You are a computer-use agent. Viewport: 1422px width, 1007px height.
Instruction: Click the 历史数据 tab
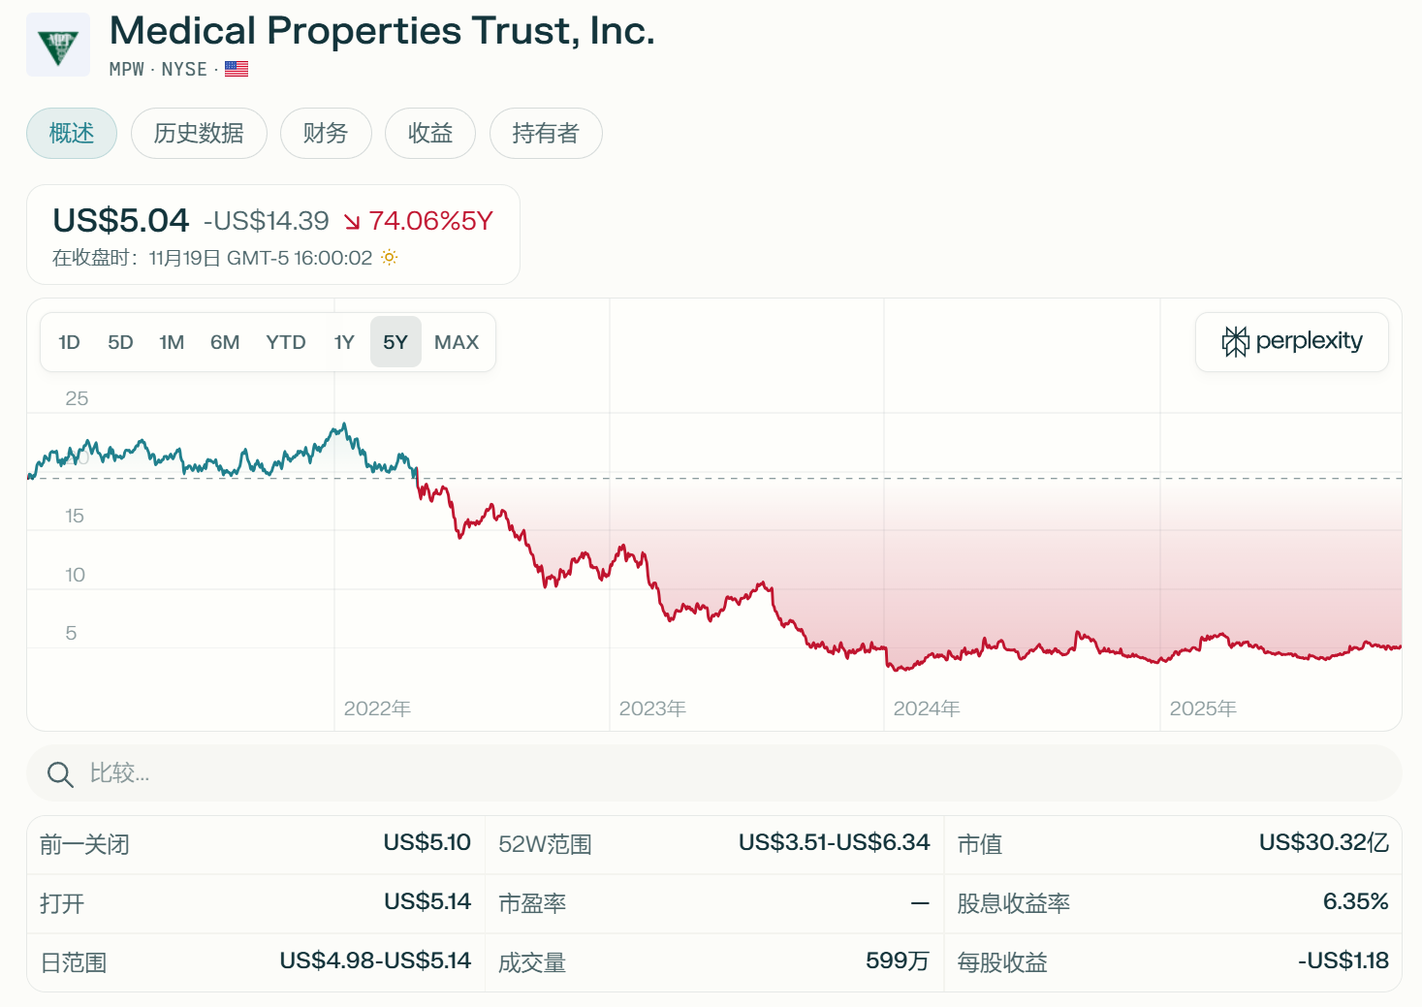199,133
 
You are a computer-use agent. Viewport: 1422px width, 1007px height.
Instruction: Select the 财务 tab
325,133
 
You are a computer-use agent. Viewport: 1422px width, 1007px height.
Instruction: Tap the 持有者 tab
545,133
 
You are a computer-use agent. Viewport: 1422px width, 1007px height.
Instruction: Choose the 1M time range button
172,342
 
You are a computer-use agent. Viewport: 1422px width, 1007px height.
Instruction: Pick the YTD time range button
286,342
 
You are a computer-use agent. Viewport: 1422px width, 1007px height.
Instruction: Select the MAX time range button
457,342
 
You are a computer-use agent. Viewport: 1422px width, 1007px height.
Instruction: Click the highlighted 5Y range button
395,342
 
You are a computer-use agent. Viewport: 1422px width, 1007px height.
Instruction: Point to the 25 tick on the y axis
77,398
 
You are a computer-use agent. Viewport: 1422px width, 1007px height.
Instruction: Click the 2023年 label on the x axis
652,708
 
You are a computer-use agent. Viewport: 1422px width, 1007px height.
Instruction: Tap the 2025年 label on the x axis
1203,708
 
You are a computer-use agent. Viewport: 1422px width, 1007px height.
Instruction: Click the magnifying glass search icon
60,774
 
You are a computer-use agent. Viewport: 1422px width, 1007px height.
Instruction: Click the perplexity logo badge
1292,341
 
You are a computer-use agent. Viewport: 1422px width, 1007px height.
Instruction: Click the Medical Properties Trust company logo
58,45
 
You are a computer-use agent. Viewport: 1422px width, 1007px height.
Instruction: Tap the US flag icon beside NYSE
237,69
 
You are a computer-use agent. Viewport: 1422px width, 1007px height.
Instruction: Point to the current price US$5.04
121,221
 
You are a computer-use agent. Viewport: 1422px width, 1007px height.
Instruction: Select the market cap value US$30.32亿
1323,843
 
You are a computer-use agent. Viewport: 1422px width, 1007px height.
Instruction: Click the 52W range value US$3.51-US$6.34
834,843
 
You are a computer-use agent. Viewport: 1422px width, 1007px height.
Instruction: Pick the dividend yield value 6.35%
1355,902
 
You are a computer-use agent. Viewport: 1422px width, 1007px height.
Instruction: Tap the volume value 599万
897,961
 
